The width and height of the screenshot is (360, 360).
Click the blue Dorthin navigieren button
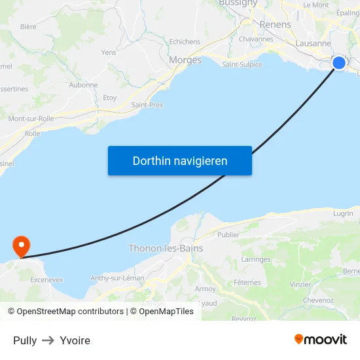180,160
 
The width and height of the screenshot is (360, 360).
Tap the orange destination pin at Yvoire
22,246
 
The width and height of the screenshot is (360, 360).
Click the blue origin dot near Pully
339,62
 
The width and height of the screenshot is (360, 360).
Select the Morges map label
185,60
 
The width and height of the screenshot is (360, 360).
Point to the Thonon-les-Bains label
166,249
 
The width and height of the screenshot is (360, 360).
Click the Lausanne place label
314,43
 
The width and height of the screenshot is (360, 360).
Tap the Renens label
276,24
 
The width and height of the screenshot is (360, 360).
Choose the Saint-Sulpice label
242,65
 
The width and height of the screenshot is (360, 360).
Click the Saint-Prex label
147,105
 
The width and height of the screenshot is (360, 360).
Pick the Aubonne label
83,85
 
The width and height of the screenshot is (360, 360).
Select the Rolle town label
32,134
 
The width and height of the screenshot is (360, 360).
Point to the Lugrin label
342,213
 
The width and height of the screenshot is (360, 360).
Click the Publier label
228,234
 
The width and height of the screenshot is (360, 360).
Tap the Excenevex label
47,279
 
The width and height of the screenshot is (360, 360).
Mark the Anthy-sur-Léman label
117,278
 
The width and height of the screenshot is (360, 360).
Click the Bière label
28,27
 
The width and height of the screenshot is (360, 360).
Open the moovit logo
321,339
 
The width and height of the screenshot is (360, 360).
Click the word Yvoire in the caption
75,340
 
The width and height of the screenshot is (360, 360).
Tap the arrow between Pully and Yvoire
48,340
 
